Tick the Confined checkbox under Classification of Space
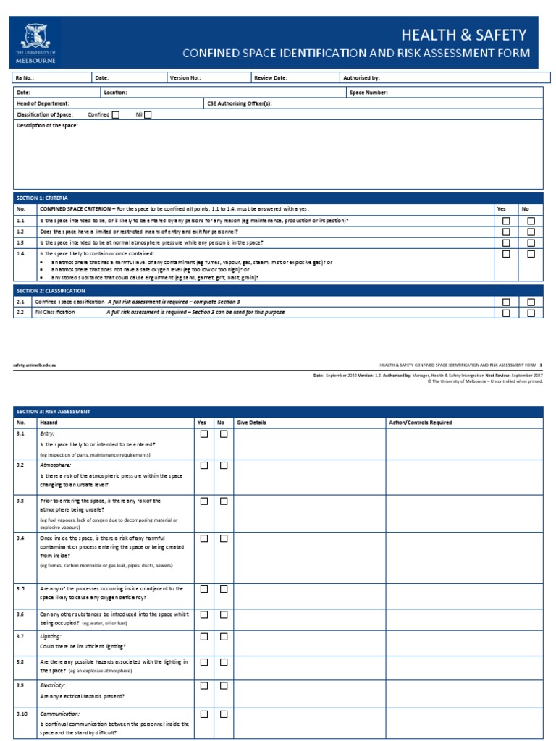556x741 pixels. pos(116,114)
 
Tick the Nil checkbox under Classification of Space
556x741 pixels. pos(148,114)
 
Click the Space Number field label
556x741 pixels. pos(368,93)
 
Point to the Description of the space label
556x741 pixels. pos(47,125)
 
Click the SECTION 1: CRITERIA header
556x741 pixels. pos(41,197)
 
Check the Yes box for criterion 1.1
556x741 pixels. pos(506,220)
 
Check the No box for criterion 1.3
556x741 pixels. pos(531,242)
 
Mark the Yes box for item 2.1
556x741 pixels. pos(506,302)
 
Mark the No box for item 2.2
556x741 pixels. pos(531,313)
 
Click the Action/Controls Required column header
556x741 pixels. pos(421,423)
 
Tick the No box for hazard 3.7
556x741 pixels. pos(224,637)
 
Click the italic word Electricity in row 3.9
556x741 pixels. pos(53,685)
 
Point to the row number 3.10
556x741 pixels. pos(22,713)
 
